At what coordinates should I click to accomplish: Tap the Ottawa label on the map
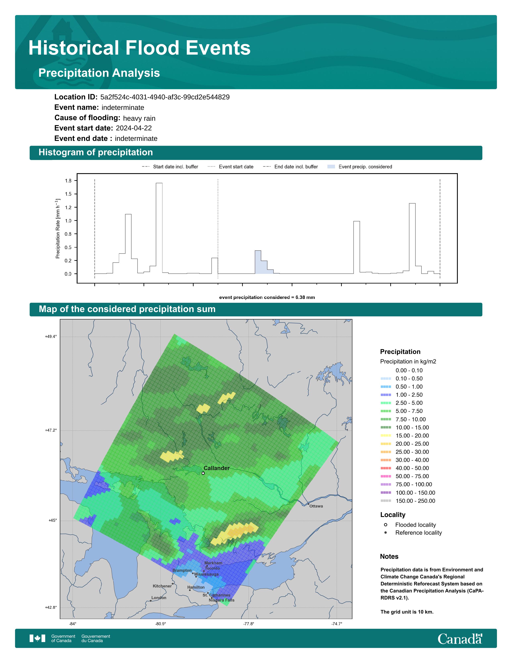(316, 506)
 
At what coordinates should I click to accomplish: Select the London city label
(159, 598)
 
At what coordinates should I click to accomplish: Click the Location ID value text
(165, 97)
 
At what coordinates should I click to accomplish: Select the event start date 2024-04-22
(134, 128)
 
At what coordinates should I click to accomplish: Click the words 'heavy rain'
(139, 118)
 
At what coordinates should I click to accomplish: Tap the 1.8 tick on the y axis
(68, 181)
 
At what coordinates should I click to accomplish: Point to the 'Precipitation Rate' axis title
(58, 229)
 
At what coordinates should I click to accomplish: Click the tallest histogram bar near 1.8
(159, 228)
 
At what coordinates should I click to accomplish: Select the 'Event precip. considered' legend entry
(360, 167)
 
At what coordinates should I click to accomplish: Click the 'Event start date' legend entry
(231, 167)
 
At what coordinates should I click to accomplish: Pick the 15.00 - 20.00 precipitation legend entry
(405, 436)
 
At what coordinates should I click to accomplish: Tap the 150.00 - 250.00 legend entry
(408, 501)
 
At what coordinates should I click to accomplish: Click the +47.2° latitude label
(51, 430)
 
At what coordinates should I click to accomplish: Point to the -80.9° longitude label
(161, 624)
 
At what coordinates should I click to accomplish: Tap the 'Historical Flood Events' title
(140, 48)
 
